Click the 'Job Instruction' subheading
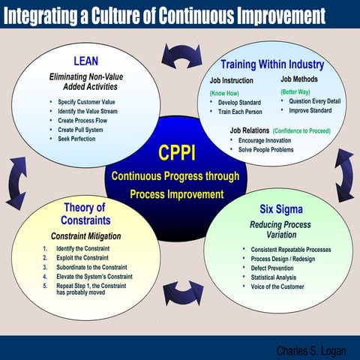231,80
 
